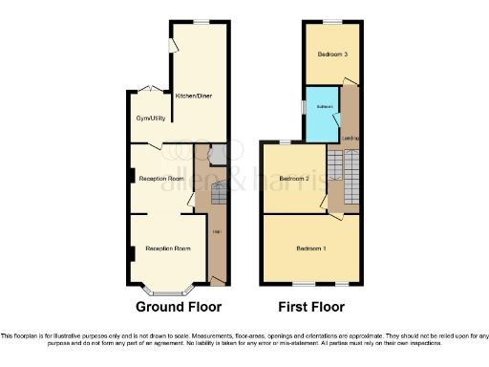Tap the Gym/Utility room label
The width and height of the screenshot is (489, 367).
point(147,119)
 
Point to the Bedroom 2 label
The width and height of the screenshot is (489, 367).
point(293,179)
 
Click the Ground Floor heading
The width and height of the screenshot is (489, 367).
point(179,308)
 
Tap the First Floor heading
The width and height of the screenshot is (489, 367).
point(310,308)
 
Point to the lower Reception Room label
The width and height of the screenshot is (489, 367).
point(168,248)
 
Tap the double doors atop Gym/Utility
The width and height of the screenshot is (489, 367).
point(145,90)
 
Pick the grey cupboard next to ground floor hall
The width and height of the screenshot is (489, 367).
point(217,154)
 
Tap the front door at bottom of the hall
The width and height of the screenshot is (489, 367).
point(218,280)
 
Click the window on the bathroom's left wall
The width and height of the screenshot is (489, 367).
point(305,107)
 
